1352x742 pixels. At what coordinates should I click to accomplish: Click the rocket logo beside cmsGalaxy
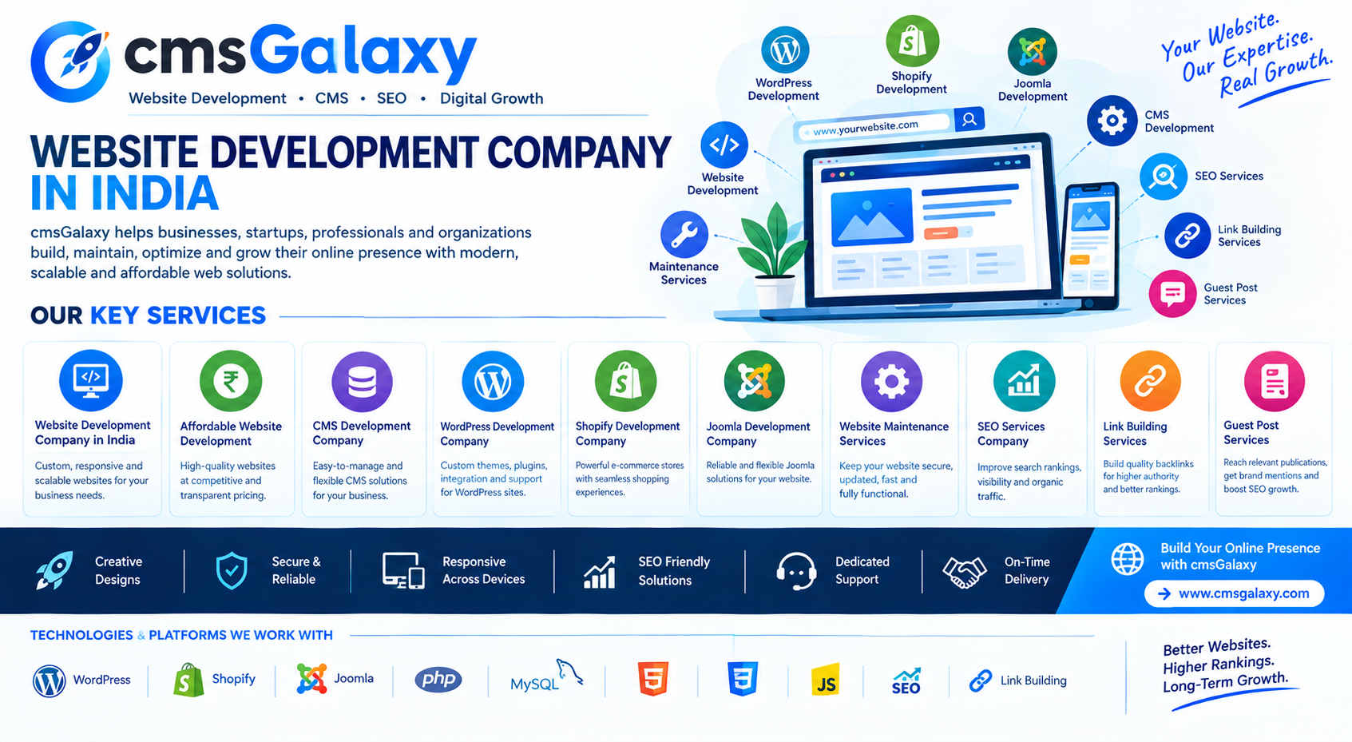pyautogui.click(x=70, y=61)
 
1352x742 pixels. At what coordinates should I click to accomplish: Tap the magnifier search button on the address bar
pyautogui.click(x=969, y=119)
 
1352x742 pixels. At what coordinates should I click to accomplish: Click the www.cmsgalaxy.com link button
pyautogui.click(x=1235, y=593)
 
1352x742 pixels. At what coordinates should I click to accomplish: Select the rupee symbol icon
pyautogui.click(x=231, y=382)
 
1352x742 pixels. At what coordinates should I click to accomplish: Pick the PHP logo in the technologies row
pyautogui.click(x=438, y=680)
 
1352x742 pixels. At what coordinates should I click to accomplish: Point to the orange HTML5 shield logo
pyautogui.click(x=653, y=679)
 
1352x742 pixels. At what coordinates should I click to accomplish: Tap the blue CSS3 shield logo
pyautogui.click(x=743, y=679)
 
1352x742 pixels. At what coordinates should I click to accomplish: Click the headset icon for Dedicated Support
pyautogui.click(x=796, y=570)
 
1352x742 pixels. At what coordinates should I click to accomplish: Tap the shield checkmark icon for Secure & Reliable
pyautogui.click(x=231, y=570)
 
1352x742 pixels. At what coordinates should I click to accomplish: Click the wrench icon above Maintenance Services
pyautogui.click(x=684, y=234)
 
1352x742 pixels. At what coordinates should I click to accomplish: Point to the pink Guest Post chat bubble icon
pyautogui.click(x=1172, y=294)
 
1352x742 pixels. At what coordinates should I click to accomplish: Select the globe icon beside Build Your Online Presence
pyautogui.click(x=1127, y=558)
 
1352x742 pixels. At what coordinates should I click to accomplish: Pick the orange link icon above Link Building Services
pyautogui.click(x=1151, y=382)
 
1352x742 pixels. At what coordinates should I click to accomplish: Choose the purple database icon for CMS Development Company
pyautogui.click(x=362, y=382)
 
